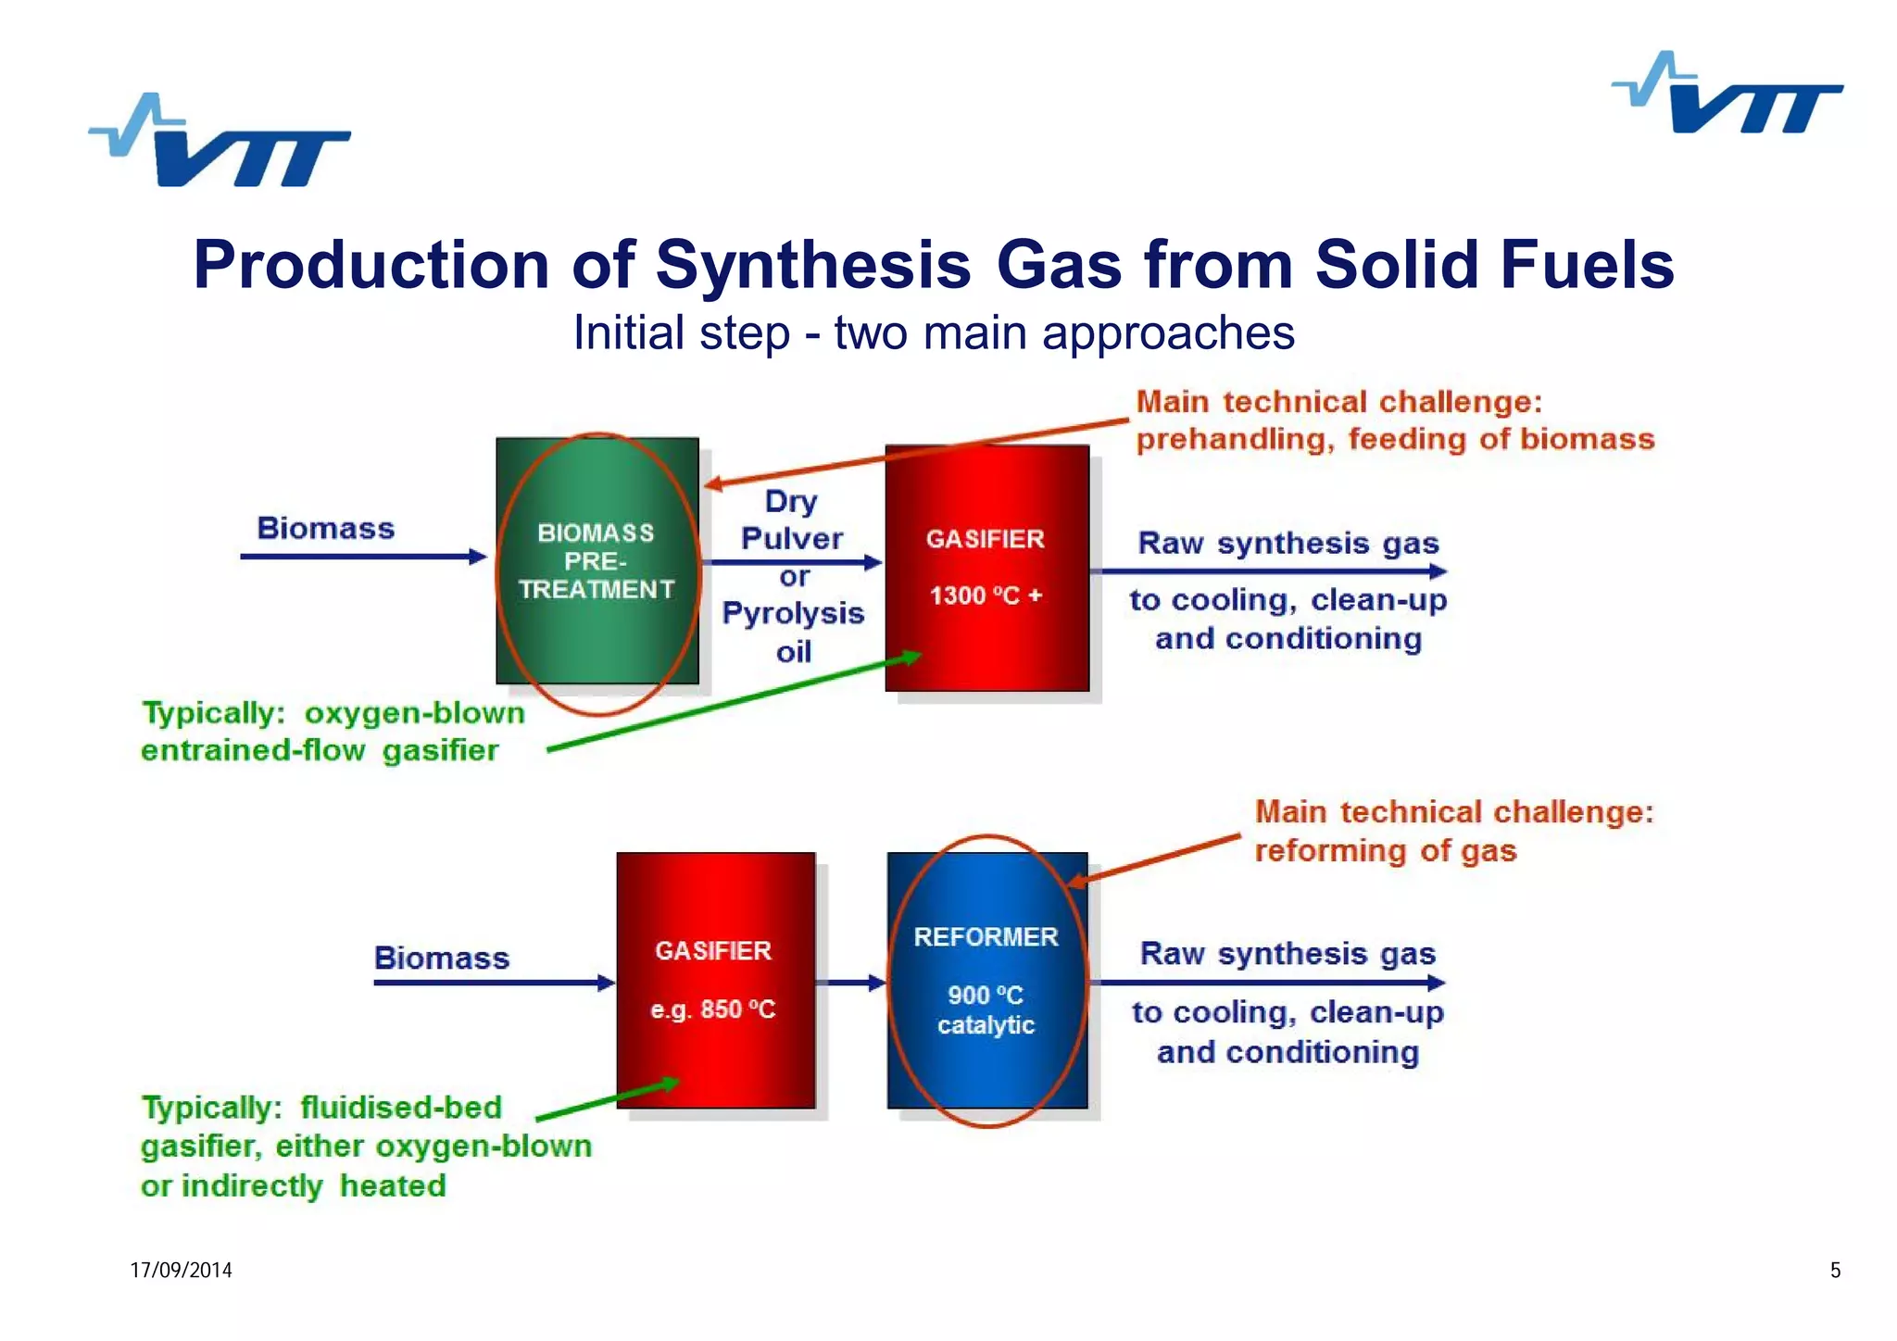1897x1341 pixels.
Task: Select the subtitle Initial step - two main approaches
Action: (933, 333)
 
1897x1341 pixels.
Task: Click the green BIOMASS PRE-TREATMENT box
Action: (597, 561)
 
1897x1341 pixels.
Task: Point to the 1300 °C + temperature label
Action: (986, 595)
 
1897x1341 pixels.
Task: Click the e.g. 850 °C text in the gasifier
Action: (712, 1009)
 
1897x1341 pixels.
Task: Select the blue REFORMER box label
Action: (986, 937)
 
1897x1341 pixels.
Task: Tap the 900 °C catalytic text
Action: (986, 1010)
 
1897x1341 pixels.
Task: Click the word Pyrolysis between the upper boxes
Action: (793, 613)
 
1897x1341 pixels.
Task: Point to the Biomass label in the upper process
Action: (325, 529)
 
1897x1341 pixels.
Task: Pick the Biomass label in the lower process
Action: (442, 958)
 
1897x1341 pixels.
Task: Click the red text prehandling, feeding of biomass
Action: (1394, 439)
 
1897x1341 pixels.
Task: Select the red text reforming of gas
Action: (1385, 851)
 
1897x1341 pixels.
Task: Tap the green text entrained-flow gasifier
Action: (320, 750)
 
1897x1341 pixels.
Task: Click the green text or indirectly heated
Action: (293, 1186)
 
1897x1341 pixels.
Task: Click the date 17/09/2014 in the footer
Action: (181, 1271)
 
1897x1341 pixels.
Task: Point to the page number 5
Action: (1835, 1271)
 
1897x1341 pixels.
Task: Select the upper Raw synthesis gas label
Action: (1288, 544)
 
